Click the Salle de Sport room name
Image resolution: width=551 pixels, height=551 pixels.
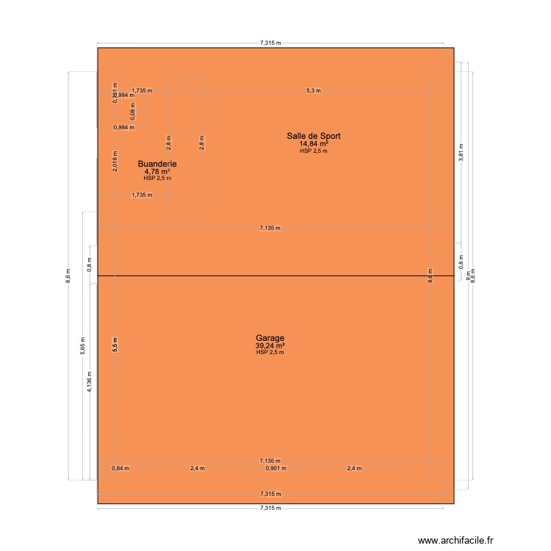point(314,136)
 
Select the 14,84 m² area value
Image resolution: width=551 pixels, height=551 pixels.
point(314,144)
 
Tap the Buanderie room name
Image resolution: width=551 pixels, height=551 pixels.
point(157,164)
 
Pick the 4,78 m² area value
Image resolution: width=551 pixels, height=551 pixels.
point(157,172)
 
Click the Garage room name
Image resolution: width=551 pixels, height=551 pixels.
point(270,339)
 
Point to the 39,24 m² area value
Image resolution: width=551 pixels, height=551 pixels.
point(270,346)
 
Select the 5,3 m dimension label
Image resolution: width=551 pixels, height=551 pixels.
point(314,90)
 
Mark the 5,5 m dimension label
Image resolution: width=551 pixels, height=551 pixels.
point(115,345)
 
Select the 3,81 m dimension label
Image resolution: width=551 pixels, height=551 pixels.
point(461,156)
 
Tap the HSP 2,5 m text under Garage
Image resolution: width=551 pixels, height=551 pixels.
point(270,353)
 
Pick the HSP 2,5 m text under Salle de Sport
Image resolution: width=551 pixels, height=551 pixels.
point(314,151)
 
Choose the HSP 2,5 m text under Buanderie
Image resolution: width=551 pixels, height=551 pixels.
point(157,179)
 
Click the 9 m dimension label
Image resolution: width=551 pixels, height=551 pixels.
point(467,275)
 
